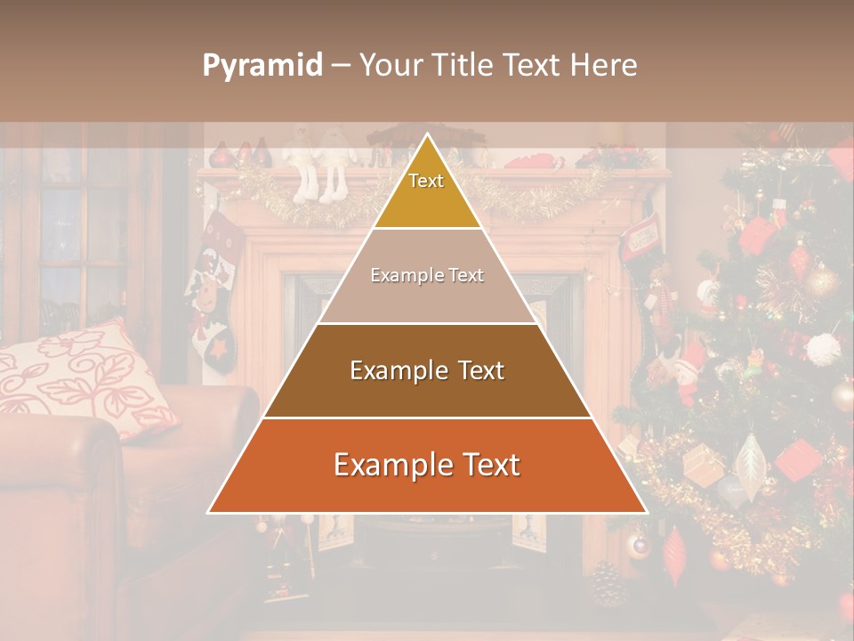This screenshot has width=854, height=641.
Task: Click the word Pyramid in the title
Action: pyautogui.click(x=262, y=66)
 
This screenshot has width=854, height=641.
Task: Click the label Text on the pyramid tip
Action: pyautogui.click(x=426, y=181)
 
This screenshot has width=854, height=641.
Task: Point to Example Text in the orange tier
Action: pyautogui.click(x=427, y=465)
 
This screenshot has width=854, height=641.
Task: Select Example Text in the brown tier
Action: pyautogui.click(x=427, y=370)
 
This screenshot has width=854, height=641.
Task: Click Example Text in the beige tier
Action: pyautogui.click(x=427, y=276)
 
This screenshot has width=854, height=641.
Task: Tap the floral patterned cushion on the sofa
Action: pyautogui.click(x=85, y=378)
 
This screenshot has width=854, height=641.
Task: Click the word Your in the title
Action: pyautogui.click(x=387, y=66)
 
